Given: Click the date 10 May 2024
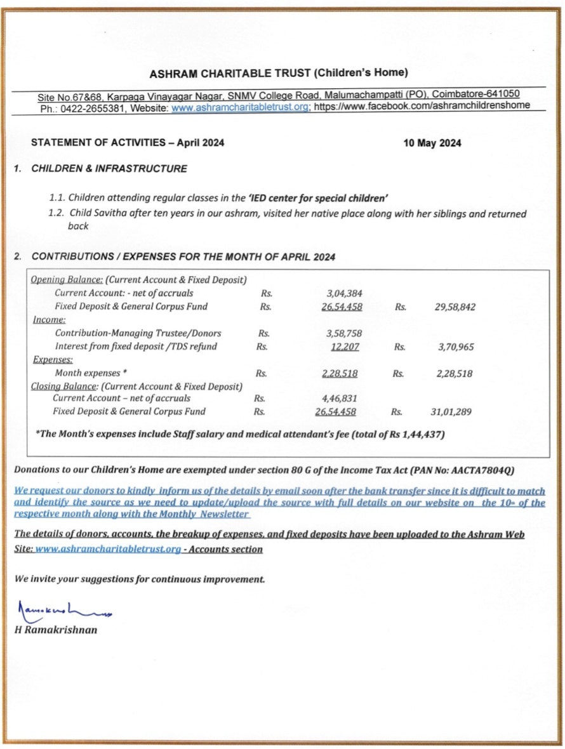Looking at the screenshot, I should (432, 143).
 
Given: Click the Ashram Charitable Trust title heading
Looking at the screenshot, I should (278, 72).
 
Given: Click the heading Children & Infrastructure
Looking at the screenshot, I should (109, 169).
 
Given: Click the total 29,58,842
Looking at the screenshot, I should (455, 307).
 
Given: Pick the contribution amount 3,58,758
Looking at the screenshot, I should (343, 333).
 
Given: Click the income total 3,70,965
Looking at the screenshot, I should (455, 347).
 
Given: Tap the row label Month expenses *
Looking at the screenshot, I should (91, 374).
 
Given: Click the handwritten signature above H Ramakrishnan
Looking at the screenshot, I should (63, 611).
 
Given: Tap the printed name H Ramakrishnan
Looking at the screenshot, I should (56, 631).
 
